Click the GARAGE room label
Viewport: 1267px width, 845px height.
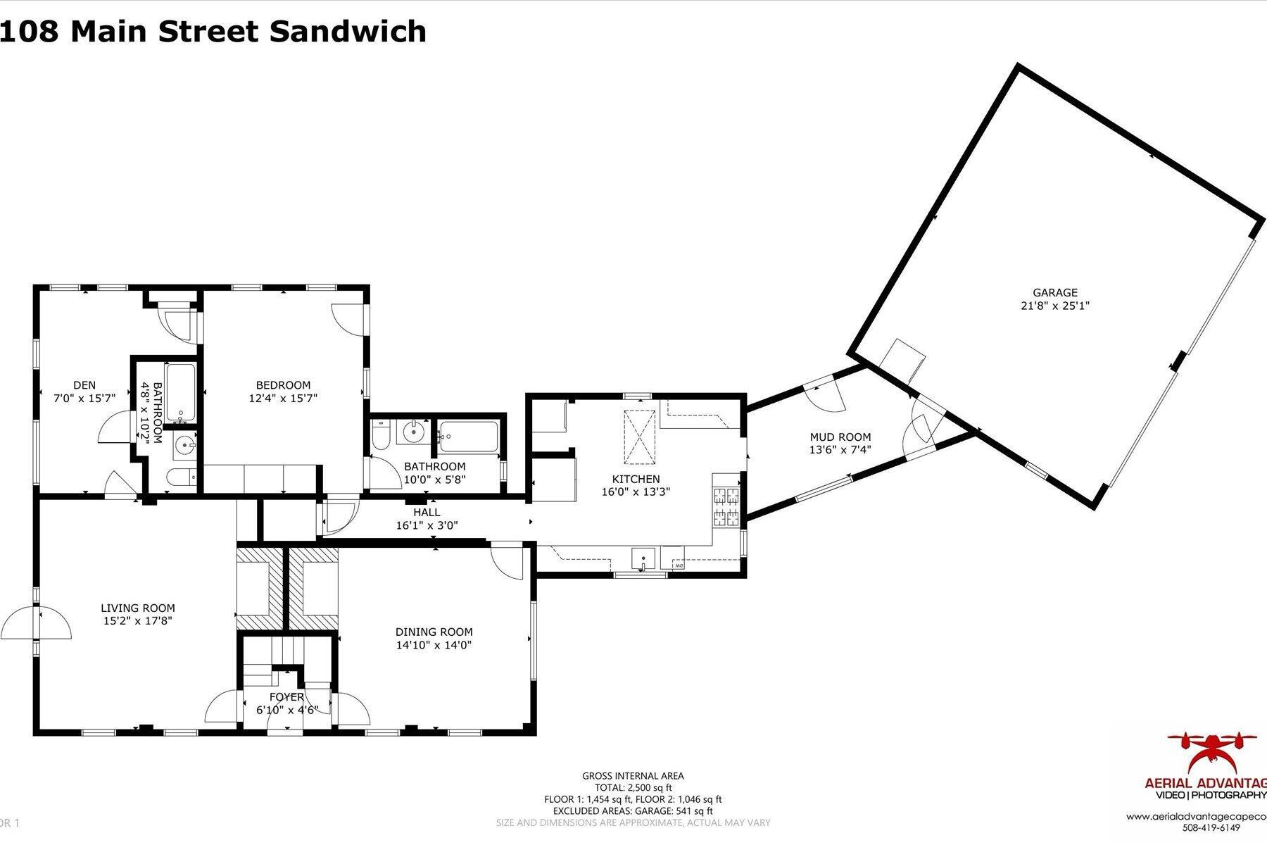point(1054,292)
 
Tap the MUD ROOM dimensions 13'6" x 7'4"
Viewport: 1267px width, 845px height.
point(840,450)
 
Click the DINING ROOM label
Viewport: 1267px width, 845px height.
point(434,632)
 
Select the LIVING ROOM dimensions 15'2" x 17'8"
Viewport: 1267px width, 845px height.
point(137,621)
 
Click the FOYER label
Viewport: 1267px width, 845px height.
point(287,697)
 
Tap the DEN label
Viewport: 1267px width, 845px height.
point(84,385)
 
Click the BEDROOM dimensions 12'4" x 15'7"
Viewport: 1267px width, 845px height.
point(283,398)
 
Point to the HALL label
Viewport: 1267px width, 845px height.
point(427,513)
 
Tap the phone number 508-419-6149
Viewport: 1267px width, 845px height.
point(1211,827)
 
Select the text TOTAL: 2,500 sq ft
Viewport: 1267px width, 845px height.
point(632,788)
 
